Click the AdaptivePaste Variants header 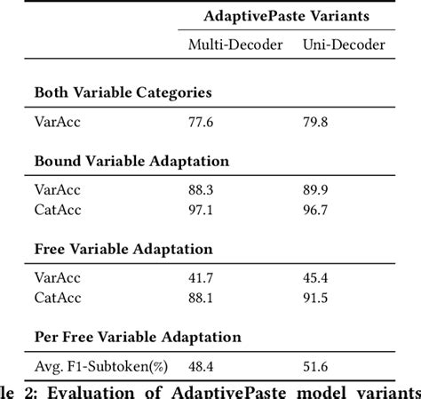pos(286,17)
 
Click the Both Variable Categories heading pos(123,92)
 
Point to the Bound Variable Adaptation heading pos(131,161)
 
